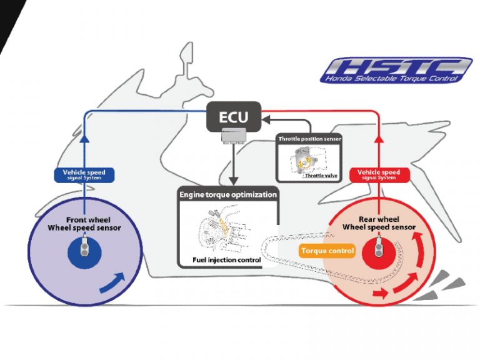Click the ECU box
(232, 117)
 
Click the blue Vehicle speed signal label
(84, 174)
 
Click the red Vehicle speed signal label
(377, 174)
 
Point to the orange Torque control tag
(327, 251)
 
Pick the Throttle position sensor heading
(309, 139)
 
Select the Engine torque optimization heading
(227, 195)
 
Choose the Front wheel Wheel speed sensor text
(85, 224)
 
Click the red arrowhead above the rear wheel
(377, 141)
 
